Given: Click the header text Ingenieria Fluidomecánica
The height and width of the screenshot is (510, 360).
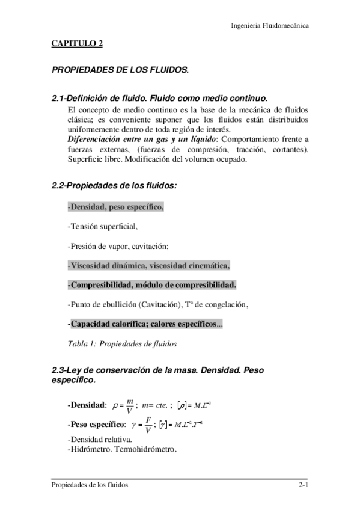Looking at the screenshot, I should point(270,26).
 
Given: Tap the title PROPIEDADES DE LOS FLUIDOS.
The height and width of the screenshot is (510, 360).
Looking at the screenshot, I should point(120,70).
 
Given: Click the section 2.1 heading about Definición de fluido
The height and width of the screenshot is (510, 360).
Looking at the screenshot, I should point(159,98).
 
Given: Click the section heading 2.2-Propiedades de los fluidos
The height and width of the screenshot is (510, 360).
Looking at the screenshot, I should point(115,186).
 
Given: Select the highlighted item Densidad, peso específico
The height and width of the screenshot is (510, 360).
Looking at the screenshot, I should point(115,207).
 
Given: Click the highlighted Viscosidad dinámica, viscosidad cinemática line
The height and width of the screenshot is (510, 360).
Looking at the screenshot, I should point(149,265).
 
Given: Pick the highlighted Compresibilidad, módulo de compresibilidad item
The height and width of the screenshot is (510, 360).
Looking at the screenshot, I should point(152,284).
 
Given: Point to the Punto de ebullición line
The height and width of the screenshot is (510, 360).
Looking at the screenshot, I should point(157,304).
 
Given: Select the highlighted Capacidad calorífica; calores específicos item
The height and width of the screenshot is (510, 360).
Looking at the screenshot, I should point(144,324).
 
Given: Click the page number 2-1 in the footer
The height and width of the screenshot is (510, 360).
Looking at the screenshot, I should point(304,485).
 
